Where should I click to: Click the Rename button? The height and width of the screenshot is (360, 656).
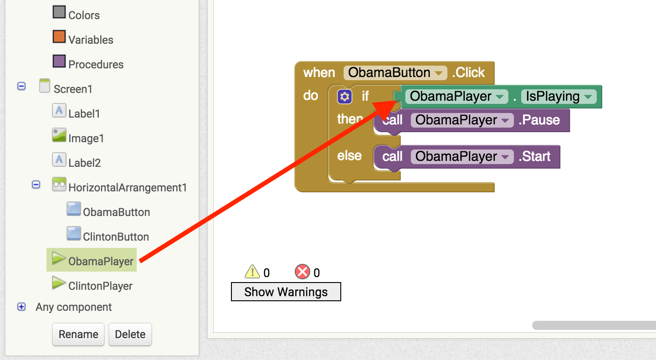point(78,334)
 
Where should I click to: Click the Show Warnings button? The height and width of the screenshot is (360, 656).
point(286,292)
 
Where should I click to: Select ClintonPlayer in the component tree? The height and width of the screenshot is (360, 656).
point(100,286)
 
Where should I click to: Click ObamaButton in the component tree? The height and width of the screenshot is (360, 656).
point(116,212)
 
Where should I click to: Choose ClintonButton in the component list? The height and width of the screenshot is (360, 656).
point(116,237)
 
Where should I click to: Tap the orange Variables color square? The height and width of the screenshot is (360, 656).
point(59,36)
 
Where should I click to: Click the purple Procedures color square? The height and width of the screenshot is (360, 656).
point(59,61)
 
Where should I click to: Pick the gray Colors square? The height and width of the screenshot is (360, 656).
point(59,12)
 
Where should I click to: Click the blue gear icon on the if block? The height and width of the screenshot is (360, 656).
point(345,97)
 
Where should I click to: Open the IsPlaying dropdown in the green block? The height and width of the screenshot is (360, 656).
point(589,97)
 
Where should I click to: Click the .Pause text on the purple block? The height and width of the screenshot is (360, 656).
point(539,120)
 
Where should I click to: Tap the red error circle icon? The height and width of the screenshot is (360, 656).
point(302,272)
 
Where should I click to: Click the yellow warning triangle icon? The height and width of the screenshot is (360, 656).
point(252,272)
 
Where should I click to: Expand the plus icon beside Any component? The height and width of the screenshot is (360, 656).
point(21,307)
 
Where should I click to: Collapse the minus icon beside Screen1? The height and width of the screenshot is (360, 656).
point(21,86)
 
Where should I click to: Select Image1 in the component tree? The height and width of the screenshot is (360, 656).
point(86,138)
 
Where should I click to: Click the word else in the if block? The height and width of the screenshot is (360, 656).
point(349,156)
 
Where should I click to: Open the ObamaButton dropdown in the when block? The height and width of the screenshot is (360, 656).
point(439,73)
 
